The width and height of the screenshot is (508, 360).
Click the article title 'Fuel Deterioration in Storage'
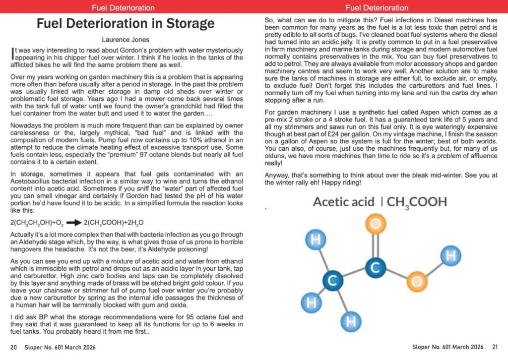point(126,23)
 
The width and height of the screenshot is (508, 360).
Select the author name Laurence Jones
point(126,40)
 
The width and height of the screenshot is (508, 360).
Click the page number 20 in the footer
point(13,347)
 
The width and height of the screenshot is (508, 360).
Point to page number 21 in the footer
point(495,347)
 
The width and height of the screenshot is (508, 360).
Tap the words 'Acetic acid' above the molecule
point(342,202)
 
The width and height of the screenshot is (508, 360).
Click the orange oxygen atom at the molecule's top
point(376,224)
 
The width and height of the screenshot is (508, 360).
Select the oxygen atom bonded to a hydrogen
point(416,282)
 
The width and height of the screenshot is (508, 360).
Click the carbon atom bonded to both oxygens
point(376,268)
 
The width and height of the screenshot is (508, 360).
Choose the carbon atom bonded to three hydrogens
point(333,280)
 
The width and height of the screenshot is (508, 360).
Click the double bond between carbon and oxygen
point(376,246)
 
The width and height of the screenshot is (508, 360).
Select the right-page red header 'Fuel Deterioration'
point(377,7)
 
